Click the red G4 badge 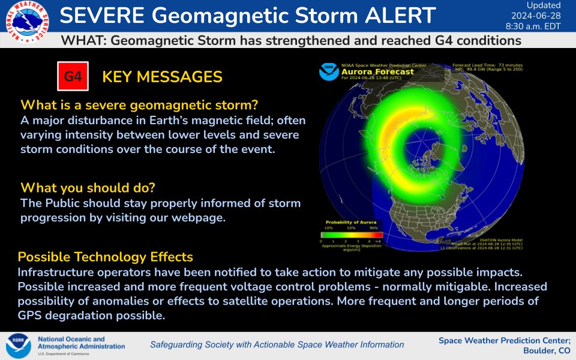pos(73,77)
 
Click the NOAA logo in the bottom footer pos(18,346)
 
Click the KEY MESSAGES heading pos(162,77)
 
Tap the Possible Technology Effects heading pos(105,257)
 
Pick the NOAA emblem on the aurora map pos(328,72)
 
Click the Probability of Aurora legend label pos(348,223)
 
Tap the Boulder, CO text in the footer pos(547,350)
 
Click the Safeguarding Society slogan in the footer pos(277,344)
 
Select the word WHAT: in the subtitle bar pos(84,41)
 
